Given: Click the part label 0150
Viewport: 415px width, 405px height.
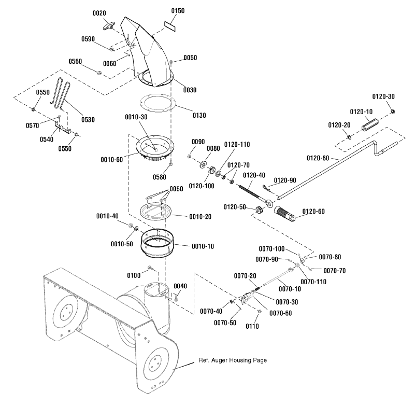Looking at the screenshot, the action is [178, 10].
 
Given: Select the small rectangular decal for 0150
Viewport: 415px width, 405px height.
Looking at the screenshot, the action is [170, 26].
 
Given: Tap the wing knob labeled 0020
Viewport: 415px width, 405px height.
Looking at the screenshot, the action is [108, 25].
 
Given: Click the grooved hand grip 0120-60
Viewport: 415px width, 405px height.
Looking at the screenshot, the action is [285, 214].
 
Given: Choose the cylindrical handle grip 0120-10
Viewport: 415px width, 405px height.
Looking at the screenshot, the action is [370, 124].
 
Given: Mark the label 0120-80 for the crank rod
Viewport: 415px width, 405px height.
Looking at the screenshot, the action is [318, 158].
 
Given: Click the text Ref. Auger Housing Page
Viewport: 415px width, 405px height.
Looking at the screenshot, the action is [233, 360].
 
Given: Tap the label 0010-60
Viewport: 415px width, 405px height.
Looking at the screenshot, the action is [112, 160].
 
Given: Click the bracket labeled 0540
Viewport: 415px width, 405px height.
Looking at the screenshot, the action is [63, 127].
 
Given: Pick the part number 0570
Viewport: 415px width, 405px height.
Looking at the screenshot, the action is [32, 125].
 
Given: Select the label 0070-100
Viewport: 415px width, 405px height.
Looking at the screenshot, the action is [271, 249].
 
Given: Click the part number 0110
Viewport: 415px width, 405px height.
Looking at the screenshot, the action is [252, 326].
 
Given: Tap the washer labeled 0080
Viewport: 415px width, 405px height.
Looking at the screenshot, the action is [203, 164].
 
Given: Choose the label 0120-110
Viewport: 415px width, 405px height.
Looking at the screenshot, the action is [237, 145].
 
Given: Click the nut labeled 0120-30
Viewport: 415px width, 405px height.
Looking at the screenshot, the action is [393, 111].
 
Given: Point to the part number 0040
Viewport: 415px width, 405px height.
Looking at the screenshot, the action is [180, 286].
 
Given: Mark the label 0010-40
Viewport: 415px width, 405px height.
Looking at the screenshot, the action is [107, 216].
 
